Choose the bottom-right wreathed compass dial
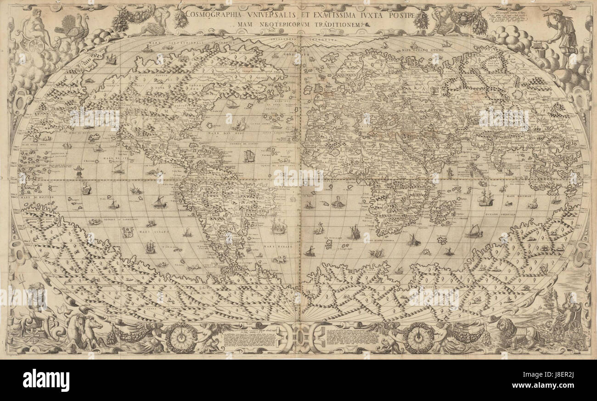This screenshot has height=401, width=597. [x=418, y=338]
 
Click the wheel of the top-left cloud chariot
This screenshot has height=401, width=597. [x=35, y=45]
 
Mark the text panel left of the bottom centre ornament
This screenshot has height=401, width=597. [x=250, y=340]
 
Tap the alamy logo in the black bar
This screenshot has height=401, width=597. [x=45, y=380]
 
